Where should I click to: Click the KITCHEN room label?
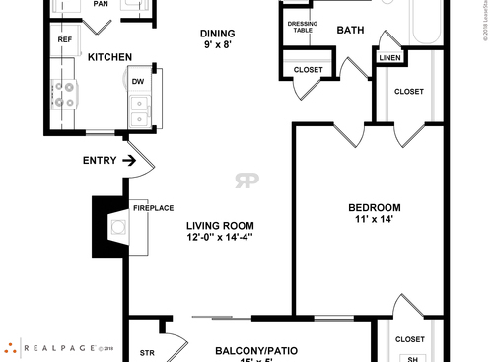click(110, 57)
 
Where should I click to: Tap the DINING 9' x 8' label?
click(219, 37)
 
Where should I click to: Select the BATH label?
click(350, 30)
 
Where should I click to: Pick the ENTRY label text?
click(100, 160)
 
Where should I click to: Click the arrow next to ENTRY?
click(128, 160)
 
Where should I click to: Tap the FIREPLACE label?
click(153, 208)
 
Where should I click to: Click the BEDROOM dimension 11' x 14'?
click(375, 219)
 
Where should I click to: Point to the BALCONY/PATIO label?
click(256, 350)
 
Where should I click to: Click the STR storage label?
click(148, 352)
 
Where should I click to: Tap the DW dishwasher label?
click(138, 82)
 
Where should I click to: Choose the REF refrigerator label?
click(65, 40)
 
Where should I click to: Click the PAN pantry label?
click(100, 4)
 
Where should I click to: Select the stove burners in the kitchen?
click(65, 95)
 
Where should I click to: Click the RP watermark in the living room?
click(246, 181)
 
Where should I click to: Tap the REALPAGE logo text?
click(59, 348)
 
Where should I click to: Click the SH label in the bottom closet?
click(413, 359)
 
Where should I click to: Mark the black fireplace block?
click(103, 225)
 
